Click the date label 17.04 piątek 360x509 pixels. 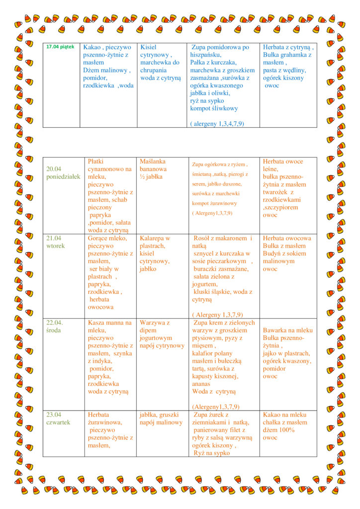coord(60,47)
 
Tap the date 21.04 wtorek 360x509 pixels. coord(56,242)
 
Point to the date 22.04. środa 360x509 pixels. coord(56,327)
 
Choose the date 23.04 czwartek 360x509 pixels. coord(59,419)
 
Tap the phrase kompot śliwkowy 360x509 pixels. coord(214,108)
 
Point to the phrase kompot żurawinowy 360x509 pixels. coord(214,203)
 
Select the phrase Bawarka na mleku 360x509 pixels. coord(288,331)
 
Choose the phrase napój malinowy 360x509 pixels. coord(161,423)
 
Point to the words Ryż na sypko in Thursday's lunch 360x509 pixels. coord(213,453)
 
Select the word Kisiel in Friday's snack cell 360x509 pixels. coord(149,47)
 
